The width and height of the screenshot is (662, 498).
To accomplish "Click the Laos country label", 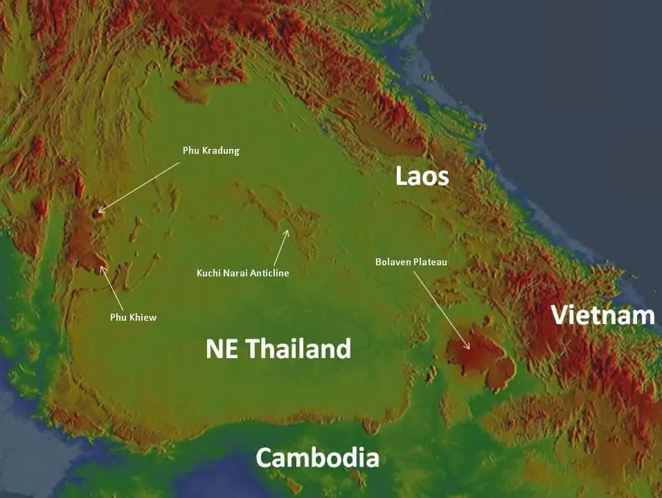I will [422, 176].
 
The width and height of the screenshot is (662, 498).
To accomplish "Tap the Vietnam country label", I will [602, 315].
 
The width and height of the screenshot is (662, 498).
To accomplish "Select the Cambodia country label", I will [317, 458].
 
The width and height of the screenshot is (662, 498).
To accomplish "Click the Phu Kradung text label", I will [211, 150].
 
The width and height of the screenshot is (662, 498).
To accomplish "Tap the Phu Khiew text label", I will [133, 317].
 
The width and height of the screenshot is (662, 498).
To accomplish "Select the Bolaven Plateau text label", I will [411, 262].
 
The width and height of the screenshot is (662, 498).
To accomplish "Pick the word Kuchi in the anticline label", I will [208, 273].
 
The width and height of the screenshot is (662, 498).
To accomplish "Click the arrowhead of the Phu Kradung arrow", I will [100, 211].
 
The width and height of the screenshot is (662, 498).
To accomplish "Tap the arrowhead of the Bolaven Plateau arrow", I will [469, 347].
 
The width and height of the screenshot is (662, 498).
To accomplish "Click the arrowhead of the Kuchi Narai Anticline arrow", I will [286, 231].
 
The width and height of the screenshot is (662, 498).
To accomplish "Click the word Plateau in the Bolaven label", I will [430, 262].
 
